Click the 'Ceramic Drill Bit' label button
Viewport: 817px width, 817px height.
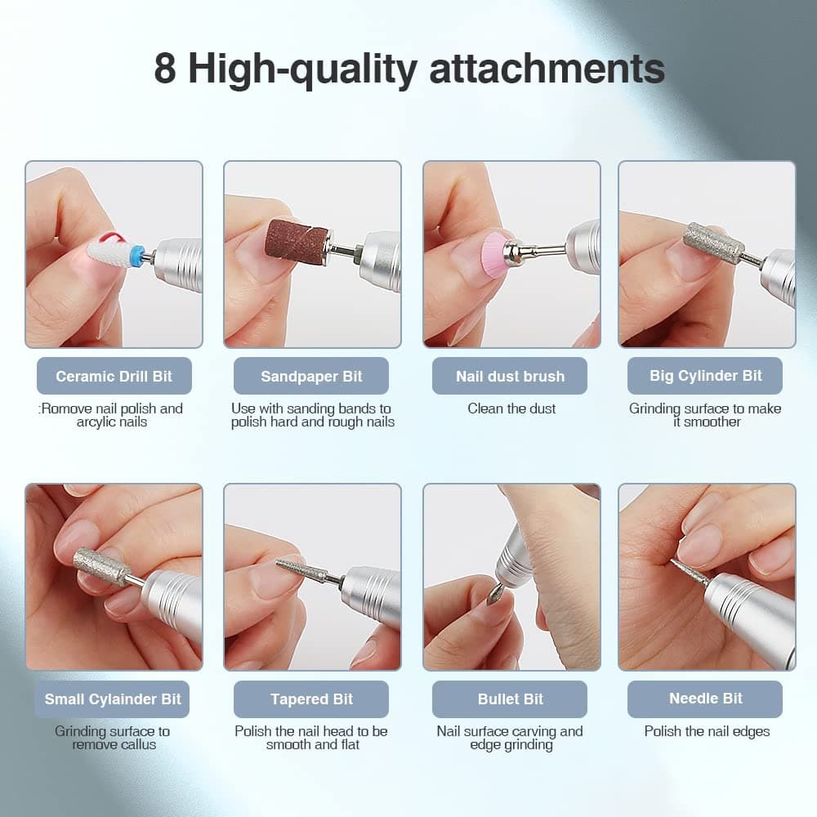[x=114, y=377]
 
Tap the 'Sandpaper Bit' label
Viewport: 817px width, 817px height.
[x=311, y=377]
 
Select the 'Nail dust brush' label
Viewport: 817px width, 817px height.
[x=510, y=377]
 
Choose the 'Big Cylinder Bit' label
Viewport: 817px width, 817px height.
[x=706, y=376]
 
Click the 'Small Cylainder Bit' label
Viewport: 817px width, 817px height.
[x=113, y=699]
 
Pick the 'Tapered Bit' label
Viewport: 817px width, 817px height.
[x=311, y=699]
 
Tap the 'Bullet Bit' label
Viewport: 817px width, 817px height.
[x=510, y=699]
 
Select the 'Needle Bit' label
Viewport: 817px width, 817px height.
[x=706, y=699]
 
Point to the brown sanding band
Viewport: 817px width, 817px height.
[x=294, y=240]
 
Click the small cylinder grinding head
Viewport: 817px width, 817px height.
[x=100, y=565]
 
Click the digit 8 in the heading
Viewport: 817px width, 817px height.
[x=164, y=69]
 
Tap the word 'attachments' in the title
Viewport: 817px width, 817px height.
[x=547, y=69]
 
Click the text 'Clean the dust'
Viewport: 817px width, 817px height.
[x=511, y=408]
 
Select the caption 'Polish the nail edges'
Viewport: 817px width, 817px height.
[x=707, y=731]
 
